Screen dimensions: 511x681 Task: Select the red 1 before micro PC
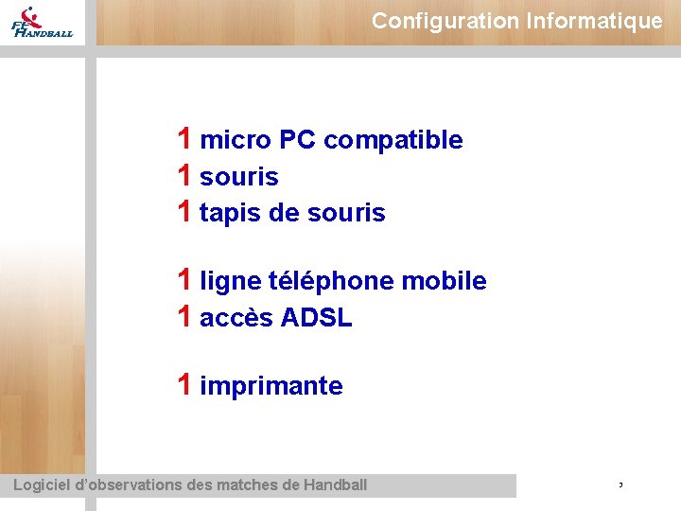point(186,139)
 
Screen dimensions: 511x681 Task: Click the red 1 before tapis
point(186,213)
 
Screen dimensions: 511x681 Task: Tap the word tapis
point(231,214)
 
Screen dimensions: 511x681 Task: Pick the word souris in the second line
point(239,177)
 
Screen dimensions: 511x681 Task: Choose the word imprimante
point(271,386)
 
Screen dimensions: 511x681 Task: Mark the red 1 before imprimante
point(186,384)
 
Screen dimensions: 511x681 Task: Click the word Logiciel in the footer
point(43,485)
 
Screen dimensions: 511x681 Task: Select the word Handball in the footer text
point(336,485)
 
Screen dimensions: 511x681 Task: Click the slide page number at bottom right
point(620,485)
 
